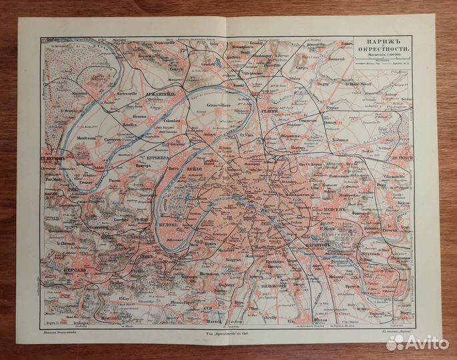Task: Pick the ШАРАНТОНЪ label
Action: coord(304,244)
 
